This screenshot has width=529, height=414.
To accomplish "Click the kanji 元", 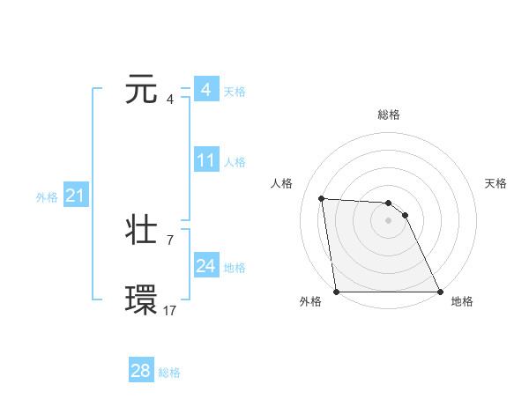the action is pos(142,90).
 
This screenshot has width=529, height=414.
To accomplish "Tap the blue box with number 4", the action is pos(205,90).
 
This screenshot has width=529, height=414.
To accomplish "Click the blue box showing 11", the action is pos(206,160).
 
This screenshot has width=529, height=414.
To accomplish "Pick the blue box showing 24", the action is pos(206,266).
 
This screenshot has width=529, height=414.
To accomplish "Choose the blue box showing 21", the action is pos(75,196).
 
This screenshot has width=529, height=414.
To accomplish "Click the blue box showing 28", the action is pos(141,371).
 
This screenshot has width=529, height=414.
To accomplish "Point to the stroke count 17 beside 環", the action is pos(169,310).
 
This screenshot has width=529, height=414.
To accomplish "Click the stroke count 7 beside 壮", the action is pos(169,240).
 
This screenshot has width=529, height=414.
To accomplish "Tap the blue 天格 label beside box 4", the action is pos(235,92).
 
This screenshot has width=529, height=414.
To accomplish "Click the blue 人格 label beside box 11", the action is pos(235,162).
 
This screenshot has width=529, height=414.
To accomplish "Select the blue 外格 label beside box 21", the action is pos(47,197).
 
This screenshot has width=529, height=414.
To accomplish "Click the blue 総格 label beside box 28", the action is pos(169,373).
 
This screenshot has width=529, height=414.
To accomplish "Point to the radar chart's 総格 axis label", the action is pos(389,115).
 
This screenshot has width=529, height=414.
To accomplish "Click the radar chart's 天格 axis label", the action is pos(495,183).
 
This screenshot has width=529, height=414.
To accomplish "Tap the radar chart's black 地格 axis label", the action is pos(462,301).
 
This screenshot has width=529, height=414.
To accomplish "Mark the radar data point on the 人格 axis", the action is pos(321,198).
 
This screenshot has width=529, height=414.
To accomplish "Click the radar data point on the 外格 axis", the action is pos(337,292).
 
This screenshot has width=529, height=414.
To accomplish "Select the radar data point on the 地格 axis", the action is pos(439,292).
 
